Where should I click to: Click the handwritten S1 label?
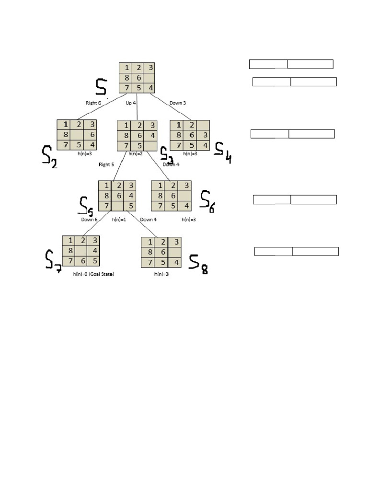pos(102,88)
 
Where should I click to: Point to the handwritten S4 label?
pos(222,152)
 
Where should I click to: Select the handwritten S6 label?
pos(207,201)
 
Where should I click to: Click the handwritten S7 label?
pos(53,261)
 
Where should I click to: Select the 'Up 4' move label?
pos(131,103)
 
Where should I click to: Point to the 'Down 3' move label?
pos(177,103)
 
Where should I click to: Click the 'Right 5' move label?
pos(106,164)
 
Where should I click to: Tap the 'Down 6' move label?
pos(89,220)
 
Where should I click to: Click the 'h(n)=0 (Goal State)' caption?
pos(93,274)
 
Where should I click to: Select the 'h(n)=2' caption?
pos(136,154)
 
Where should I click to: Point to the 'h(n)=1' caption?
pos(119,220)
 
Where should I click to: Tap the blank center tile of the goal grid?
pos(82,250)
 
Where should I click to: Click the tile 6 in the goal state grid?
pos(82,260)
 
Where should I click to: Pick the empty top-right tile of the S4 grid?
pos(203,125)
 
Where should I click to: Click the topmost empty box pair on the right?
pos(291,64)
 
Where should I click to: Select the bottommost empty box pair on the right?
pos(296,251)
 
